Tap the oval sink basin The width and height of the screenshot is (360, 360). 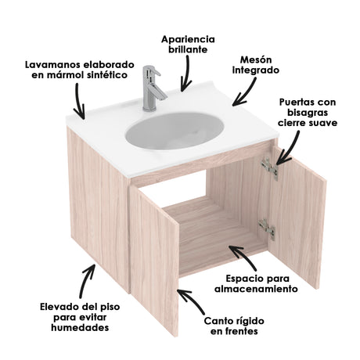click(x=173, y=128)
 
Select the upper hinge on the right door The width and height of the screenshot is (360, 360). click(x=269, y=168)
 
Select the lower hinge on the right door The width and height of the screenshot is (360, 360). click(x=267, y=228)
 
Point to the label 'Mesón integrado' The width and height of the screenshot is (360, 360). click(x=257, y=65)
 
